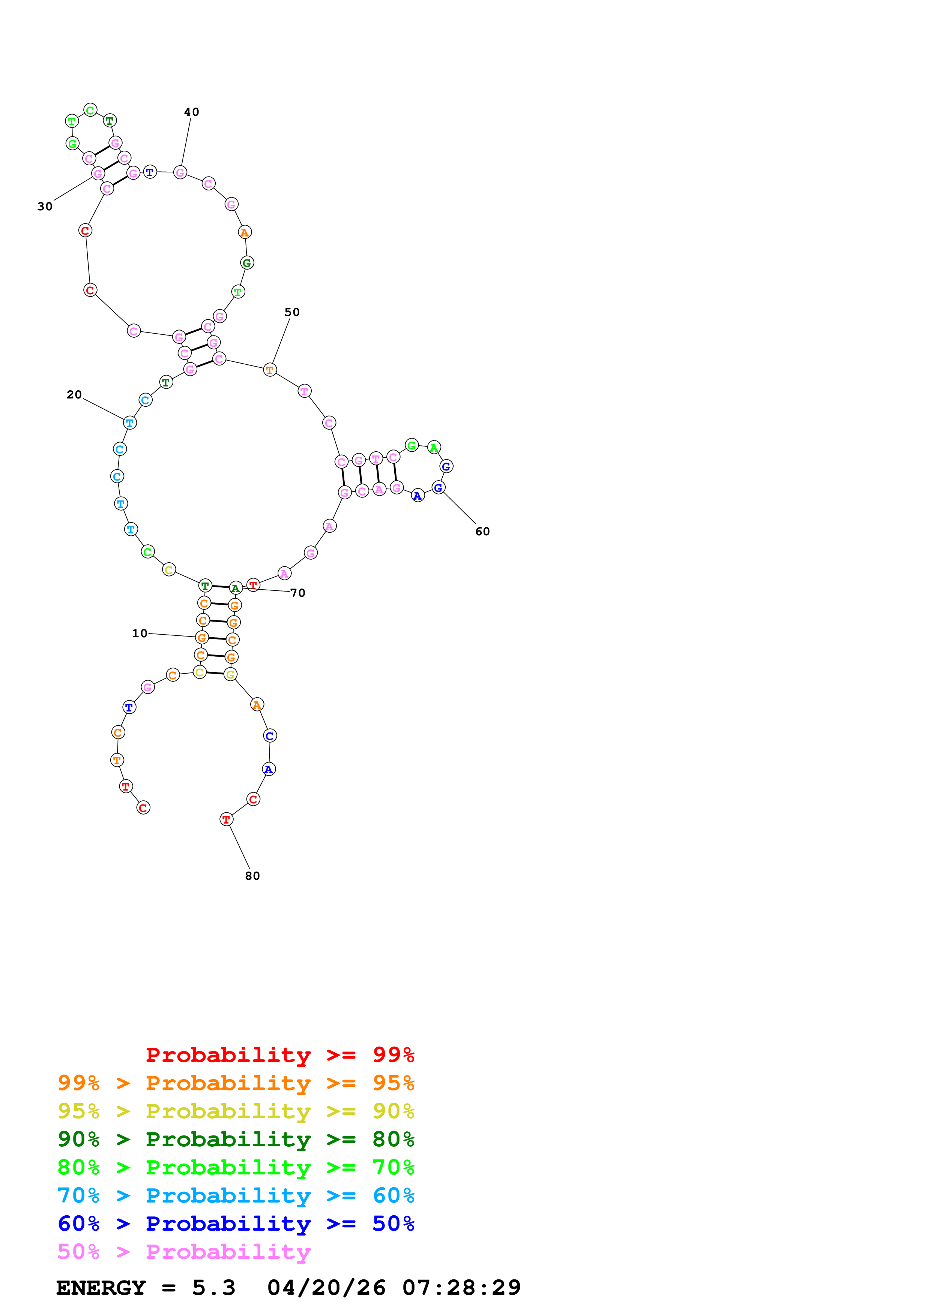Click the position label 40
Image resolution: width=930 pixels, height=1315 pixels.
pos(191,112)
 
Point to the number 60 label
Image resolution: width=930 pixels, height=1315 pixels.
pos(482,532)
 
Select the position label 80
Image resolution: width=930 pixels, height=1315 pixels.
pos(252,876)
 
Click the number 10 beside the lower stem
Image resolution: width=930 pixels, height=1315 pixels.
pos(139,634)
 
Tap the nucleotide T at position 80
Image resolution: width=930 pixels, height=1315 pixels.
pos(226,819)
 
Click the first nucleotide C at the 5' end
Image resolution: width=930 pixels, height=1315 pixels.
pos(143,807)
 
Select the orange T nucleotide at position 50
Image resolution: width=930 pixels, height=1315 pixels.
pos(270,370)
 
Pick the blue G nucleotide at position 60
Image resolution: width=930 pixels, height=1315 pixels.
pos(438,488)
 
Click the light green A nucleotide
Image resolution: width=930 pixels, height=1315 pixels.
pos(434,448)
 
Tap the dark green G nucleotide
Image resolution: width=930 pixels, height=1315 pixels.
pos(247,263)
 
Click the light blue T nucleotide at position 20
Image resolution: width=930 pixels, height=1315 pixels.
pos(130,423)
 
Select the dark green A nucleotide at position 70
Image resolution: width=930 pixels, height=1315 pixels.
pos(236,588)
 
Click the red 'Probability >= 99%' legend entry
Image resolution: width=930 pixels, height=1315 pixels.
pos(279,1055)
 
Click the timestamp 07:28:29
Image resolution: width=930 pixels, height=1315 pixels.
pos(461,1288)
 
